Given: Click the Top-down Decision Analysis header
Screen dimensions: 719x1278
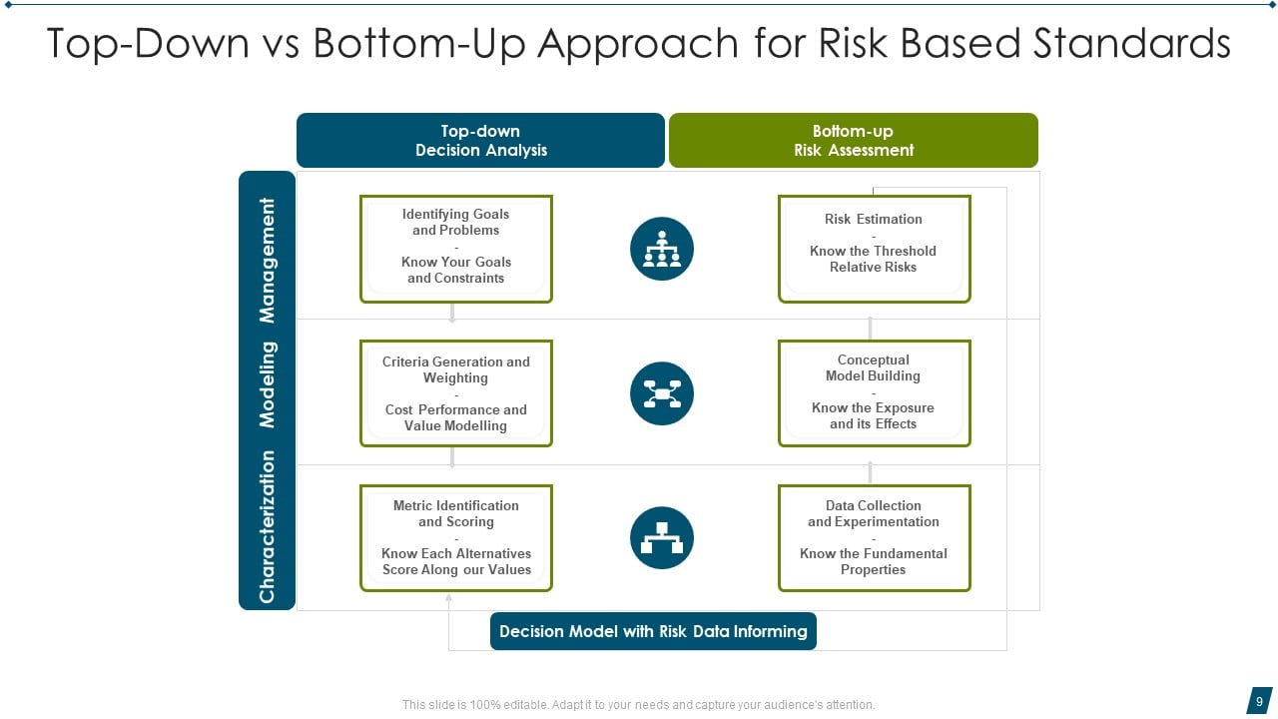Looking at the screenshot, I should [480, 141].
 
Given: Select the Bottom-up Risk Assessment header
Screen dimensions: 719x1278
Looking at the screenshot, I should [853, 141].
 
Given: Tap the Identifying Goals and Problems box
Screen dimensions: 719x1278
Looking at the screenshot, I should [456, 248].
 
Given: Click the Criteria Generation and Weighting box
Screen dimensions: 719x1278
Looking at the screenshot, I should [456, 393].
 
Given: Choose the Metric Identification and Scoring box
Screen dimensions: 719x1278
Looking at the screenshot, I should [456, 538].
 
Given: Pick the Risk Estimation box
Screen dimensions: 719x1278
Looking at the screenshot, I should [874, 248].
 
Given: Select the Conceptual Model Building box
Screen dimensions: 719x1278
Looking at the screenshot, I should [874, 392].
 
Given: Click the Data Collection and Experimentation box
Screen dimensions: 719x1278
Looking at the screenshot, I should [874, 538].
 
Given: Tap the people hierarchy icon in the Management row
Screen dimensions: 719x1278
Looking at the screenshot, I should [662, 249].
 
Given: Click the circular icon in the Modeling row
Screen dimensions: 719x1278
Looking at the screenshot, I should [662, 393].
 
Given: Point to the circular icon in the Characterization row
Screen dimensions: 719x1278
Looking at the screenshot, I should [662, 538].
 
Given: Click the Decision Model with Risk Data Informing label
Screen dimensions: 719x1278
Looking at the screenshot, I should [653, 631].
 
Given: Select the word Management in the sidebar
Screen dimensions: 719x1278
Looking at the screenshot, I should [267, 260].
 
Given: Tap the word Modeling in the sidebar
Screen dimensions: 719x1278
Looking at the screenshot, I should [267, 384].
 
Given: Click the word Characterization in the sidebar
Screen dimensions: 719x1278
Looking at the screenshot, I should [267, 526].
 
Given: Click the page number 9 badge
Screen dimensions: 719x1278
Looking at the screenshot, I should [1259, 701].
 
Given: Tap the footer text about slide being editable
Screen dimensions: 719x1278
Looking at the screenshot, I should [638, 705].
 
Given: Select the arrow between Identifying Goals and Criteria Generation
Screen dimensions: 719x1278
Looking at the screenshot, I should [452, 313].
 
